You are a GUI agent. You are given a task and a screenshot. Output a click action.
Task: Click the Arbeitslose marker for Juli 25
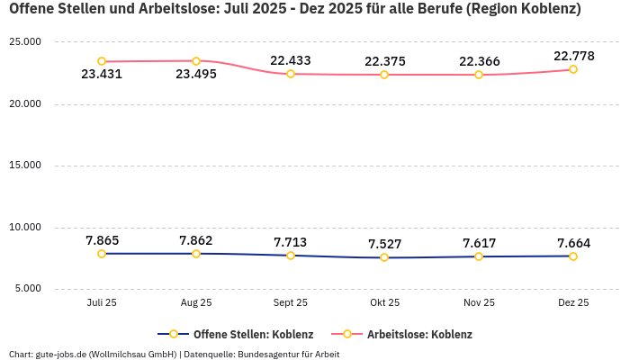(x=102, y=61)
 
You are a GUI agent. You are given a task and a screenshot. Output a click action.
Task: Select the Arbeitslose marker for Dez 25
(x=573, y=69)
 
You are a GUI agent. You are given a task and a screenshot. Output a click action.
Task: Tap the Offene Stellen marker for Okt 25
(x=384, y=257)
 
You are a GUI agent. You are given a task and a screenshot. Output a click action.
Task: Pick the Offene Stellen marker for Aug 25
(x=196, y=254)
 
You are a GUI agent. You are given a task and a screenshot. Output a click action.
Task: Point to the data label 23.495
(x=196, y=75)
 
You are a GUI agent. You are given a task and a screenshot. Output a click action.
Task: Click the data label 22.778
(x=573, y=56)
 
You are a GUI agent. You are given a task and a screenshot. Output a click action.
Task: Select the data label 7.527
(x=384, y=244)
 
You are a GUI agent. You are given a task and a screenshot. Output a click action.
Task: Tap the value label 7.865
(x=102, y=240)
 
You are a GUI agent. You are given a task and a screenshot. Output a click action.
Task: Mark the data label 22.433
(x=291, y=60)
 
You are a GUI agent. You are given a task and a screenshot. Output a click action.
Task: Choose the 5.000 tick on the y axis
(x=28, y=289)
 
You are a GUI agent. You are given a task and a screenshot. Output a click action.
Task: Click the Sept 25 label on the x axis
(x=291, y=303)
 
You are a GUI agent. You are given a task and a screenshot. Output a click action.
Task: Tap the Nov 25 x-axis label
(x=479, y=303)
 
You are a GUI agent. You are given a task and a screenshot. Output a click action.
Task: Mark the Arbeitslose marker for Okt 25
(x=384, y=75)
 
